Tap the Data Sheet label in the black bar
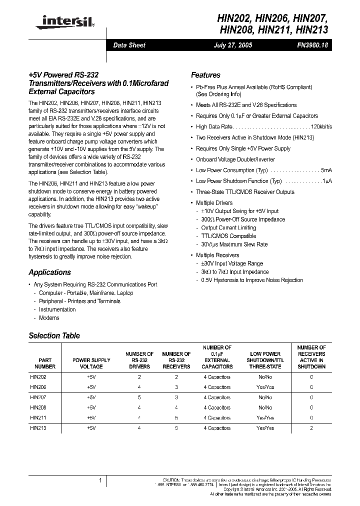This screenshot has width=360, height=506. [129, 45]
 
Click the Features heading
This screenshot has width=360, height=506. [205, 75]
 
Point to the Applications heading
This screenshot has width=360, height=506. [49, 272]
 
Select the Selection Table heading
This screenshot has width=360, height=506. [54, 336]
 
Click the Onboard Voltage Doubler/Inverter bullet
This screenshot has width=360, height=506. [232, 159]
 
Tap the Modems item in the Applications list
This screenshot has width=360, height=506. [49, 318]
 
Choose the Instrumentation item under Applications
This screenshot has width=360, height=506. [57, 309]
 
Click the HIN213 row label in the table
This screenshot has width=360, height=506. [38, 428]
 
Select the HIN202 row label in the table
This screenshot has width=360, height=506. [38, 377]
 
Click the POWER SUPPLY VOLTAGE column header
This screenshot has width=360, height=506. [91, 363]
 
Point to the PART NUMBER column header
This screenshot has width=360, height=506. [45, 363]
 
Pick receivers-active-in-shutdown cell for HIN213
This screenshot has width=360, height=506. [311, 428]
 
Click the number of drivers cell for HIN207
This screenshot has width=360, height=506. [139, 397]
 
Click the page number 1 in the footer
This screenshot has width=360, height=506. [100, 480]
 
